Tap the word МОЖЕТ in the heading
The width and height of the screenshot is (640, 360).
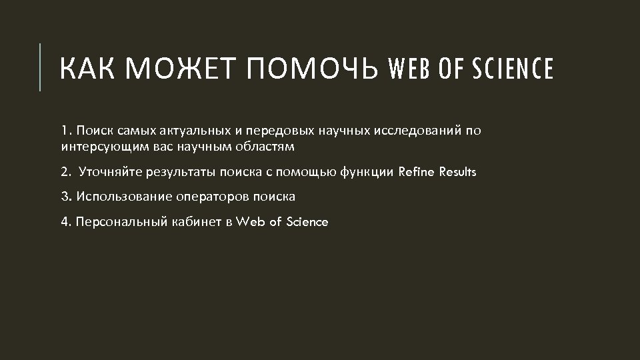pyautogui.click(x=178, y=68)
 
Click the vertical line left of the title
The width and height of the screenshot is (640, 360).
pyautogui.click(x=41, y=67)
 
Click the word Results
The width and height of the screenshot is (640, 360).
pyautogui.click(x=456, y=172)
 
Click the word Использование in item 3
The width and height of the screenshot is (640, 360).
pyautogui.click(x=125, y=197)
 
